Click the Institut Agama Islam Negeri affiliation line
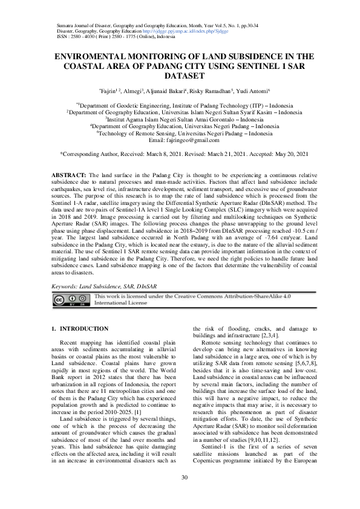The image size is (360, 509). (x=180, y=120)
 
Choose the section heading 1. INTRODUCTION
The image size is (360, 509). (x=80, y=328)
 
